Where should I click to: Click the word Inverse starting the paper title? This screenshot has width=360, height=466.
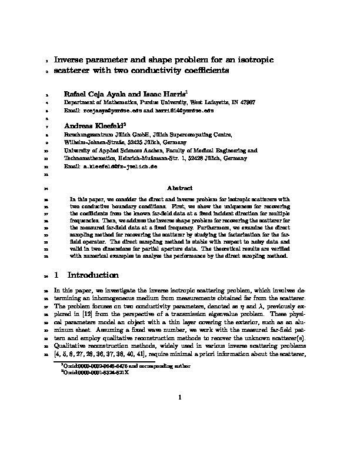(71, 60)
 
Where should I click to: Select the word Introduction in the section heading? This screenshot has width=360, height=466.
(94, 275)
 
